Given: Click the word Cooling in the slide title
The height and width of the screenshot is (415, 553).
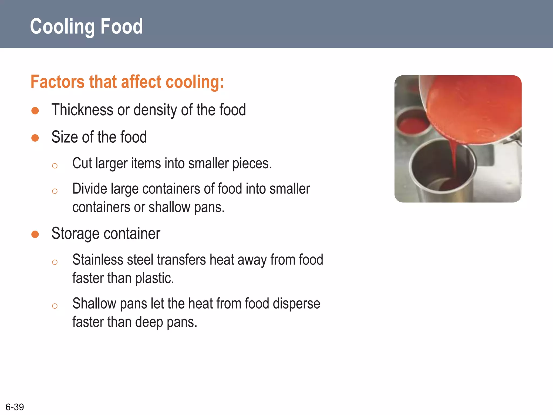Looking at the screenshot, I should (x=62, y=26).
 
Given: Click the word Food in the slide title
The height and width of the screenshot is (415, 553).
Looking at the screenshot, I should (x=121, y=26).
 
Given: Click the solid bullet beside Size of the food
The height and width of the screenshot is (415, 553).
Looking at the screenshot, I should (x=35, y=138).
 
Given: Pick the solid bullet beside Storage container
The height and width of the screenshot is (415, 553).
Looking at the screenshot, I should (x=35, y=234).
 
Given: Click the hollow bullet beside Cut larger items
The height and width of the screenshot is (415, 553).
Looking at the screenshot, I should (x=55, y=166).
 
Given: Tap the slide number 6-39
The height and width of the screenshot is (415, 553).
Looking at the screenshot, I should (x=15, y=407).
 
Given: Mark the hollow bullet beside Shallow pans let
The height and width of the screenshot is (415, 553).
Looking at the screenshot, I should (x=55, y=306).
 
